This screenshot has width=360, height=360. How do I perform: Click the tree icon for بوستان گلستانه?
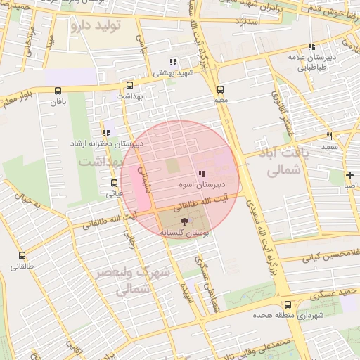pos(185,221)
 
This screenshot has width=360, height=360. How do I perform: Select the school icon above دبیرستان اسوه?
pos(202,174)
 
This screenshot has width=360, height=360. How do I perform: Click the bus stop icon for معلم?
pos(220,89)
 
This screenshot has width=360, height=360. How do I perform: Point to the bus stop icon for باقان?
pos(57,90)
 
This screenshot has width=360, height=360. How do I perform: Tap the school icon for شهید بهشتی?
pos(173,63)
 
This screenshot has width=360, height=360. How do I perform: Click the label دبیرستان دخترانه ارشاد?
pos(105,143)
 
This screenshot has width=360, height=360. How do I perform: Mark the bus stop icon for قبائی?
pos(114,183)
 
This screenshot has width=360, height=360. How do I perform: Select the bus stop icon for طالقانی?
pos(22,256)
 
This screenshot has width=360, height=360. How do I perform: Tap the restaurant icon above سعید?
pos(328,136)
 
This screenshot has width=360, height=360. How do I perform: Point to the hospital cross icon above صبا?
pos(349,175)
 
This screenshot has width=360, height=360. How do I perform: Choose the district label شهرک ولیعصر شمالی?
pos(132,280)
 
